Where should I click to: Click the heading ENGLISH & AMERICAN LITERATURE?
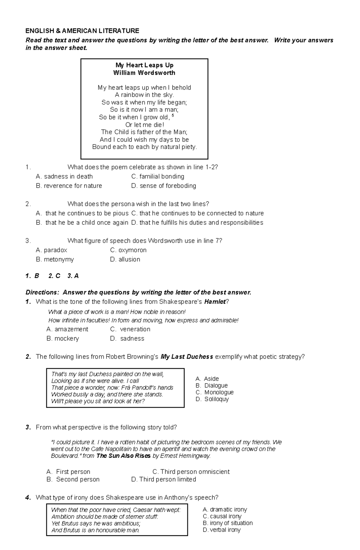[x=82, y=31]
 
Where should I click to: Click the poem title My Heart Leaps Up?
[x=144, y=65]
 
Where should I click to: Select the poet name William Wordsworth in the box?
[x=144, y=73]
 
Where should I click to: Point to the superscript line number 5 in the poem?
[x=173, y=115]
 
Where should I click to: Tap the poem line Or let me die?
[x=145, y=125]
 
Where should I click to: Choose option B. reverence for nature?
[x=69, y=186]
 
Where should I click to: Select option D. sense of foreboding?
[x=163, y=186]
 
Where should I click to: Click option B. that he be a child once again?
[x=82, y=223]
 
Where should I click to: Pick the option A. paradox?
[x=51, y=250]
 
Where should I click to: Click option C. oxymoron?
[x=128, y=250]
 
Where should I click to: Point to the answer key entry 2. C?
[x=54, y=276]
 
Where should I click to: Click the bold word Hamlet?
[x=215, y=302]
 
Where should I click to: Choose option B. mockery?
[x=63, y=339]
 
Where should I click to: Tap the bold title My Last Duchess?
[x=187, y=357]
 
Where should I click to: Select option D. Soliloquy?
[x=212, y=399]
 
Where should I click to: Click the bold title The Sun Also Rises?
[x=123, y=456]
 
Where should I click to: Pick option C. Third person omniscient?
[x=191, y=472]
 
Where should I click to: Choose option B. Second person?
[x=73, y=480]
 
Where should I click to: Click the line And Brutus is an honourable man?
[x=95, y=530]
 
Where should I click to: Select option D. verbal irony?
[x=222, y=530]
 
